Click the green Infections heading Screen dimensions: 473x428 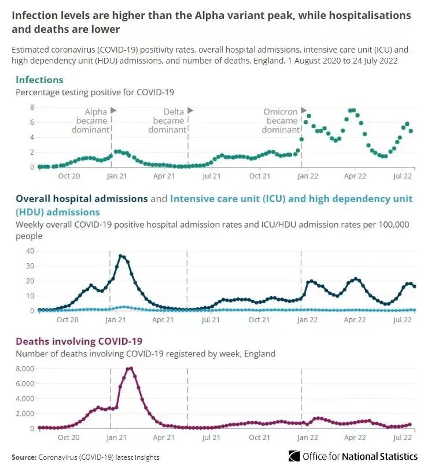tap(39, 80)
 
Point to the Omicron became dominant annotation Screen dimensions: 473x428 tap(281, 121)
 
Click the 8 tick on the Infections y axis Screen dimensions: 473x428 tap(32, 107)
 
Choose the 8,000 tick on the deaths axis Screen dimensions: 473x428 tap(26, 368)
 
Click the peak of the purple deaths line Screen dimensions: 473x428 tap(130, 368)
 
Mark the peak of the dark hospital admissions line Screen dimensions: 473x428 tap(121, 256)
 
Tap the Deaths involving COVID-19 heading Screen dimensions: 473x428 tap(79, 341)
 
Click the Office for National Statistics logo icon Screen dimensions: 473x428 tap(294, 456)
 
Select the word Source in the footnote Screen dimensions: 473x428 tap(24, 457)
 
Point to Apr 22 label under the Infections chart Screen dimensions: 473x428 tap(355, 176)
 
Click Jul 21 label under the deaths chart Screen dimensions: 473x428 tap(211, 438)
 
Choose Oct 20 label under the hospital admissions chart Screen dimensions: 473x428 tap(68, 319)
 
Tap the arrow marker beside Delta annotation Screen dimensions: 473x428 tap(190, 110)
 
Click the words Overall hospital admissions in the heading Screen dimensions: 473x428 tap(82, 199)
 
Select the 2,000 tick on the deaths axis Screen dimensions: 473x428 tap(26, 414)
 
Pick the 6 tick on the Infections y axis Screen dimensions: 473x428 tap(32, 122)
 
